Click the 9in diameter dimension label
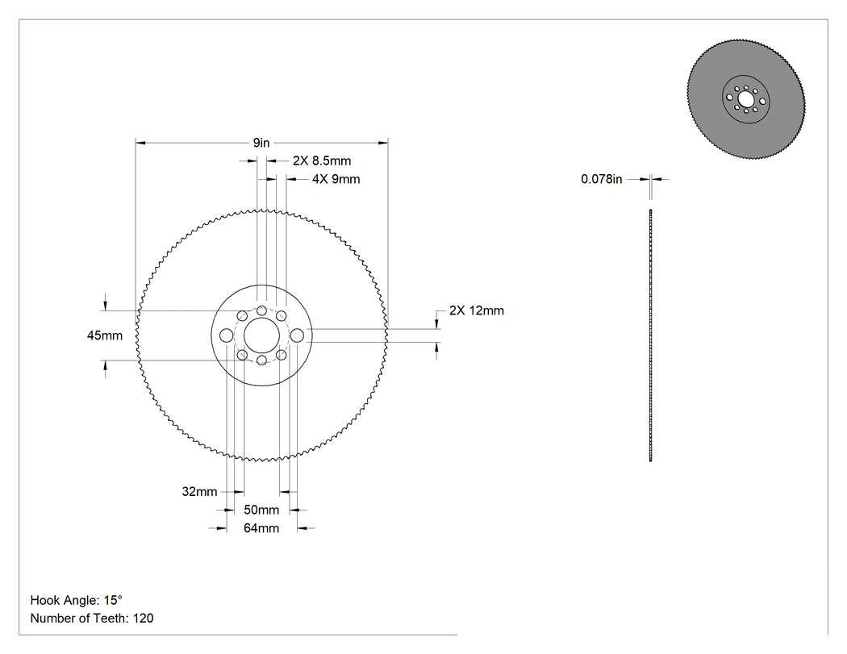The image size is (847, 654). tap(261, 143)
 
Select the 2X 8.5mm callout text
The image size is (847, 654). tap(322, 161)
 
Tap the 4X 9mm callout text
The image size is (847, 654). tap(336, 179)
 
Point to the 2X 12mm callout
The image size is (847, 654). tap(477, 310)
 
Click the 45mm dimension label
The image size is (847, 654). tap(105, 335)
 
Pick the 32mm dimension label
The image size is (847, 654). tap(199, 491)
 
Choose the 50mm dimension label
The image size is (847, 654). tap(261, 510)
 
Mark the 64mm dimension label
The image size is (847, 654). tap(261, 528)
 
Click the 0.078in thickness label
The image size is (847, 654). tap(601, 179)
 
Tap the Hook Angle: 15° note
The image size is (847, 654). tap(76, 600)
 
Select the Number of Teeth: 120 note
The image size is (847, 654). tap(92, 619)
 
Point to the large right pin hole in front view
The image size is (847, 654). tap(297, 335)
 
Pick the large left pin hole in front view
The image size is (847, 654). tap(227, 335)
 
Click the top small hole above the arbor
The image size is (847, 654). tap(261, 310)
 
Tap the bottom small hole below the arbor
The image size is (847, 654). tap(261, 360)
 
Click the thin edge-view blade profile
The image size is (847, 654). tap(650, 335)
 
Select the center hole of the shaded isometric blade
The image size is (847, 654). tap(745, 99)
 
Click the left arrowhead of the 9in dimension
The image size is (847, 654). tap(140, 143)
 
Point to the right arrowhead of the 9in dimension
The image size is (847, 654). tap(383, 143)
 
